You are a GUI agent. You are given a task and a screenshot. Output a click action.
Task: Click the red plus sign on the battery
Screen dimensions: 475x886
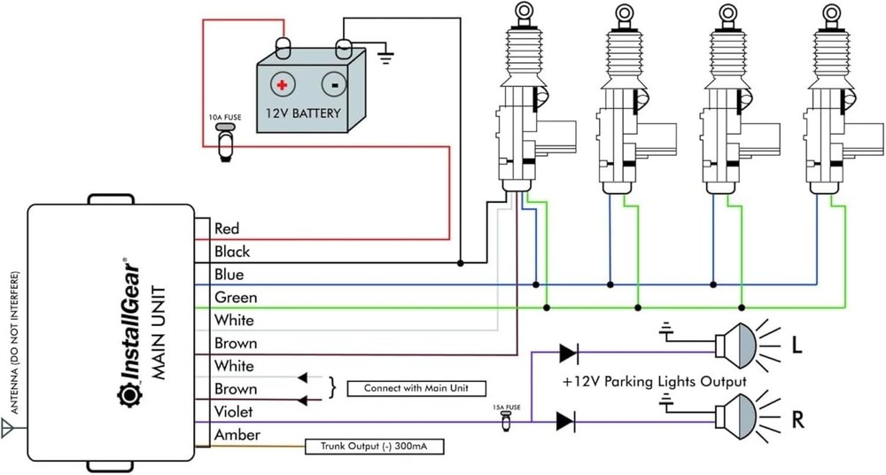(282, 85)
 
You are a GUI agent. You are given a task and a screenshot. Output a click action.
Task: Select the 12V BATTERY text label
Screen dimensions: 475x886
(303, 114)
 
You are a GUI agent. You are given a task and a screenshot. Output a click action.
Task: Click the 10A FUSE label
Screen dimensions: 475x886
(225, 117)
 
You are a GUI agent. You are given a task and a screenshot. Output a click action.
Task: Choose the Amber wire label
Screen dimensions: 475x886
(237, 435)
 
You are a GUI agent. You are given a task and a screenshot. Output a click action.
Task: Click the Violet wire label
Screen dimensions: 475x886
(234, 412)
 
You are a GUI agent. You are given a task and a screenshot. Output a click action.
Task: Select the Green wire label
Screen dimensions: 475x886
(235, 298)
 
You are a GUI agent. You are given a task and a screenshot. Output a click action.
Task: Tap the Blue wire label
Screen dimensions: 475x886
(229, 275)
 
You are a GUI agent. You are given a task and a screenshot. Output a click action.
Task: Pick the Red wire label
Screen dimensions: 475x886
(227, 229)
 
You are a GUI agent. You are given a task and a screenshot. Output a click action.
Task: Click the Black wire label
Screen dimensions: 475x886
(232, 252)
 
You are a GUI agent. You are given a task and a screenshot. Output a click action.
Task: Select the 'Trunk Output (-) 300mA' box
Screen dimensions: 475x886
(374, 446)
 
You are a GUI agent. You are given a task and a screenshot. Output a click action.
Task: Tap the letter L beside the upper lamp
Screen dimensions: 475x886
(797, 348)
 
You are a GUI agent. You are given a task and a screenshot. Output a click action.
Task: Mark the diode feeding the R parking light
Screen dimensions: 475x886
(567, 421)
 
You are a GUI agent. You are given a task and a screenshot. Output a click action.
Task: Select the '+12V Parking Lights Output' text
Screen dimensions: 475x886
(654, 382)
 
